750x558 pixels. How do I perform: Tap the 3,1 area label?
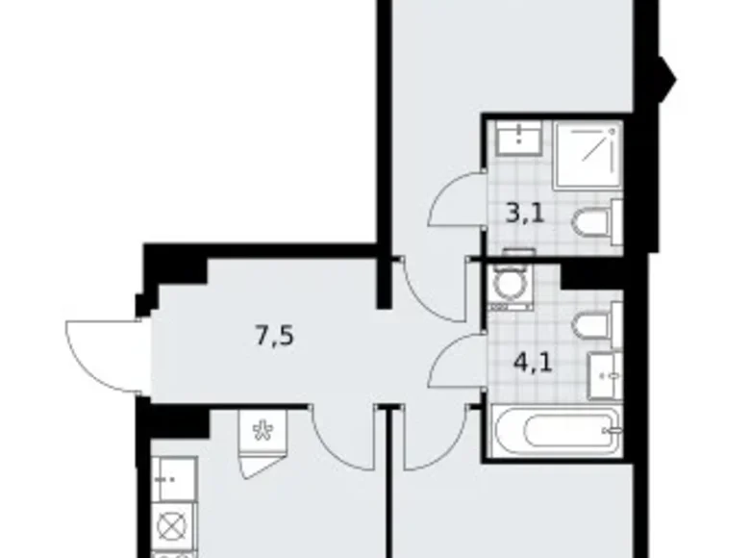[525, 213]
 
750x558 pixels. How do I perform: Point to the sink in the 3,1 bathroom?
[516, 140]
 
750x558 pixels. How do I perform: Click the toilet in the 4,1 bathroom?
[596, 323]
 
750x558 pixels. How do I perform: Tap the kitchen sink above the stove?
[174, 478]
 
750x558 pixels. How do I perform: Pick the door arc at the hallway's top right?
[423, 284]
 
